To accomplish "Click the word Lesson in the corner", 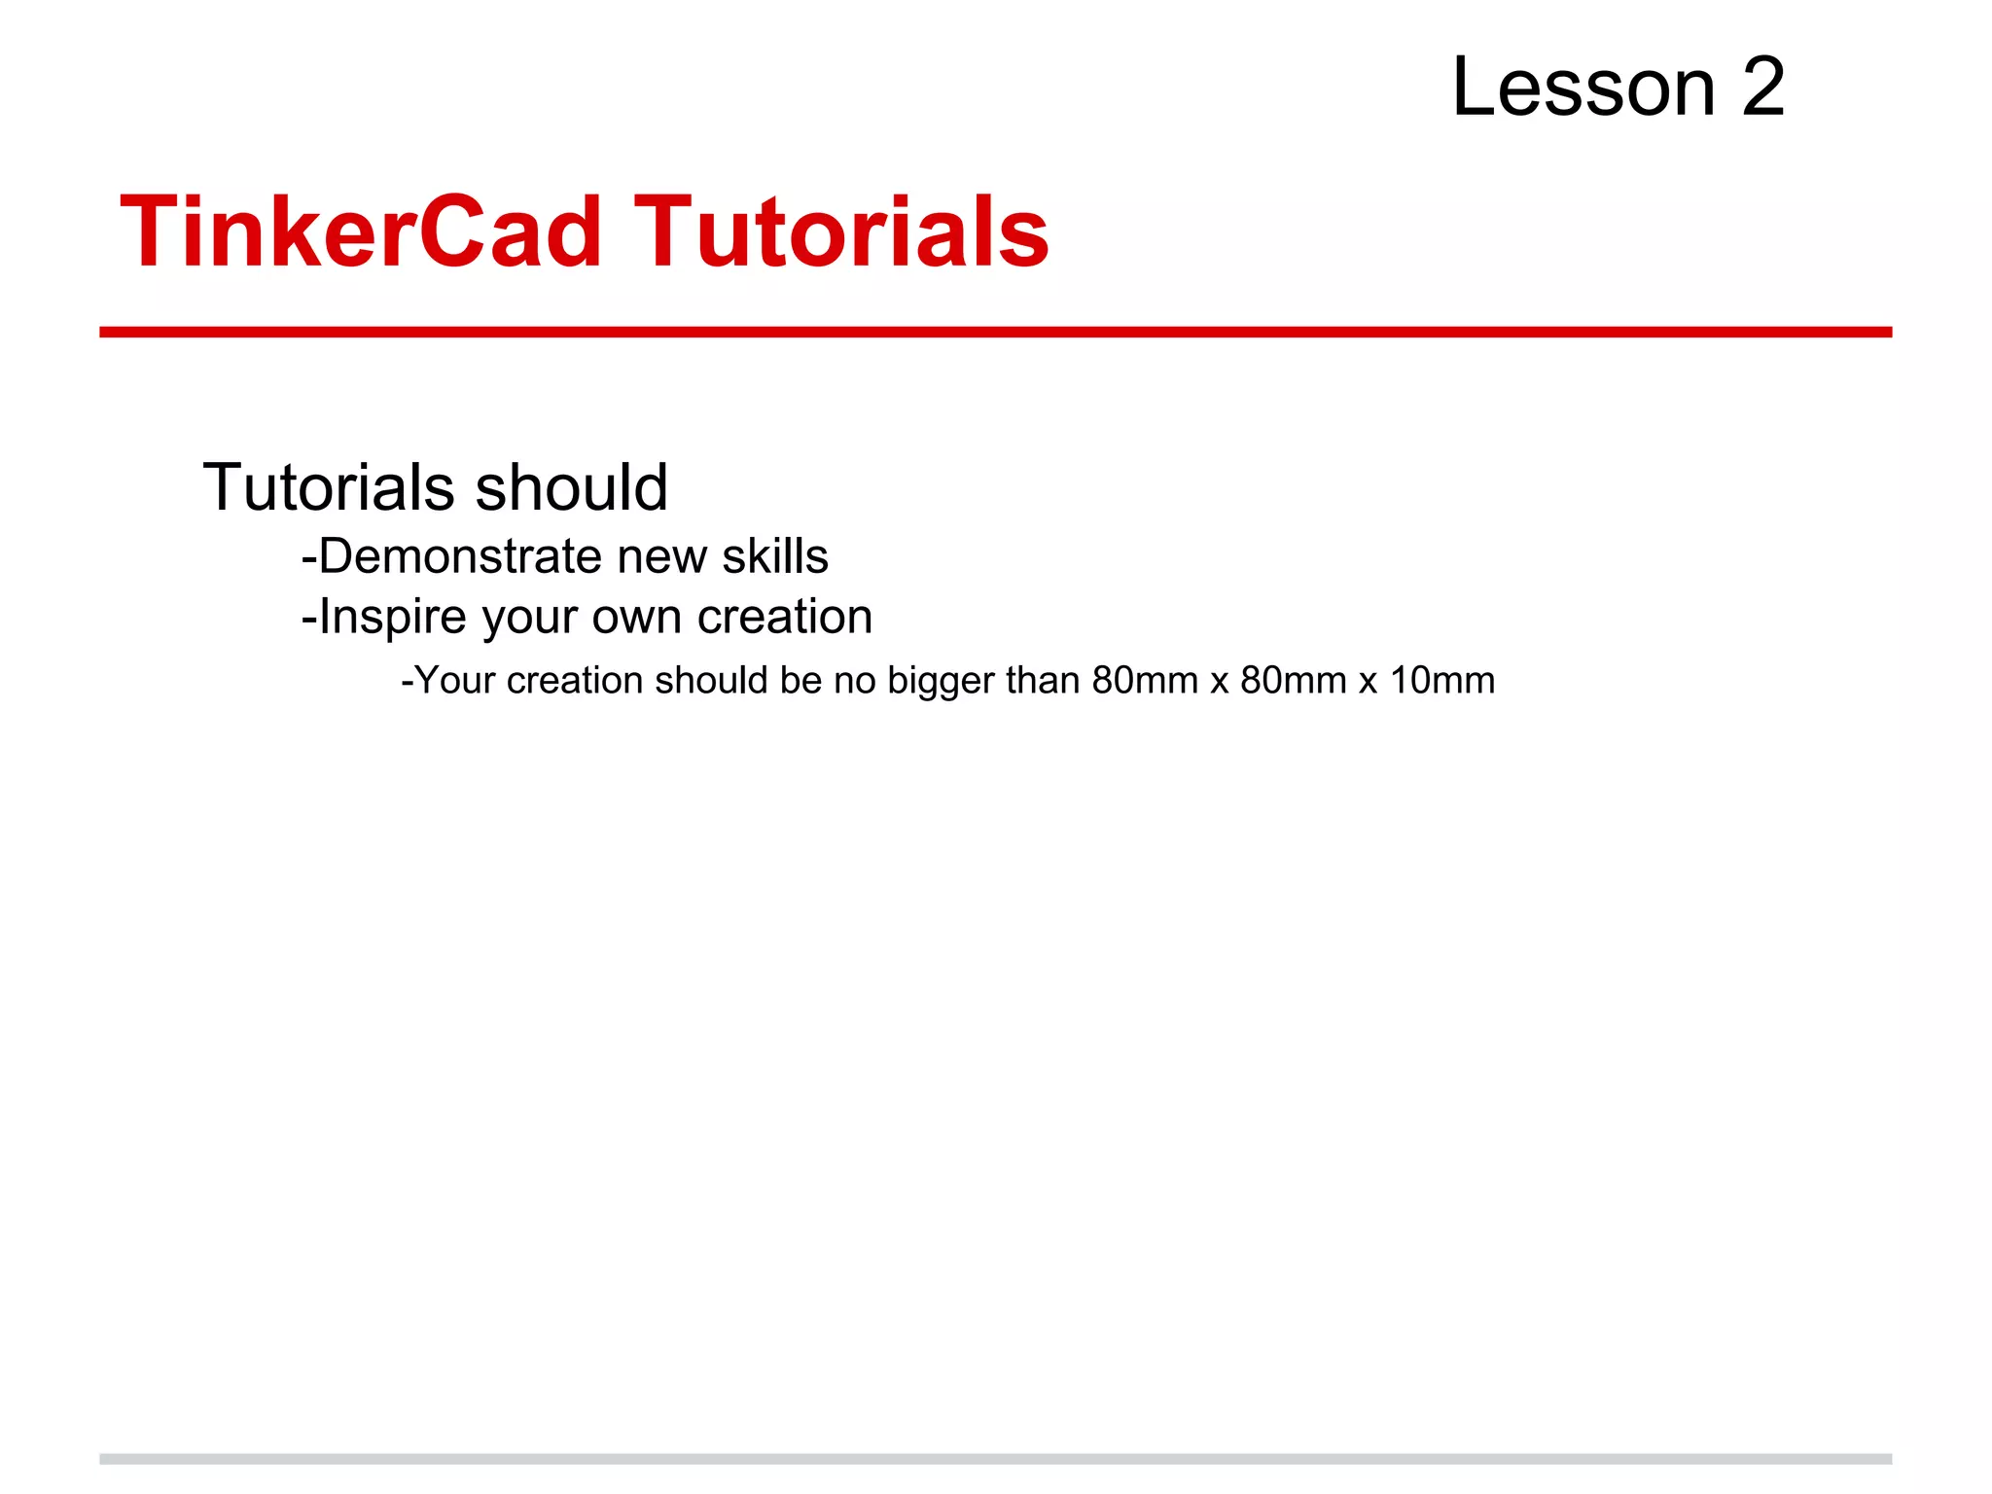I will click(x=1583, y=88).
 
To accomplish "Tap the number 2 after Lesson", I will click(x=1762, y=88).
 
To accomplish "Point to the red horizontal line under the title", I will click(x=995, y=333).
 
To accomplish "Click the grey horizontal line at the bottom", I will click(x=995, y=1459).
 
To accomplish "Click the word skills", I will click(x=775, y=557).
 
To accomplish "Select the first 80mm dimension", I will click(x=1145, y=681).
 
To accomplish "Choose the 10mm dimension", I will click(x=1442, y=681).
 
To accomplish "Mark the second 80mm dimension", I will click(x=1294, y=681).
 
